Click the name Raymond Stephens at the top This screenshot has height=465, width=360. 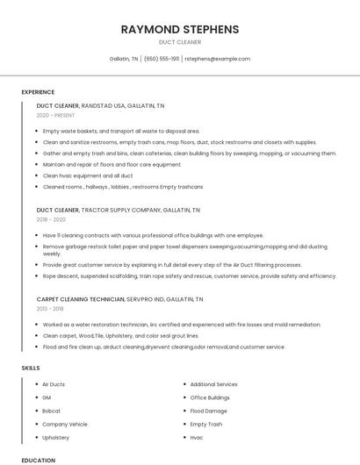click(180, 30)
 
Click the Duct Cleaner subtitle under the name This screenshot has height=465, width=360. click(180, 42)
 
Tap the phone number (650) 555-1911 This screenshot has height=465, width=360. click(162, 59)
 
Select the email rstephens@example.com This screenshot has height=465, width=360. click(217, 59)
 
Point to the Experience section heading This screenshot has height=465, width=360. click(38, 92)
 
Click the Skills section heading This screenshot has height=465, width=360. click(31, 368)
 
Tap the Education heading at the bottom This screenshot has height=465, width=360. click(38, 460)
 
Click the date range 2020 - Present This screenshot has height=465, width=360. click(55, 115)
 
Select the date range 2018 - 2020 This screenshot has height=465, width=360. click(51, 220)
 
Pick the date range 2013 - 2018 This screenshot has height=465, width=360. click(51, 309)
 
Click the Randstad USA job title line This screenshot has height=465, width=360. click(100, 105)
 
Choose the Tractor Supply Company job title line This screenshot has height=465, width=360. click(118, 211)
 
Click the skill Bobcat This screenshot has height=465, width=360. click(51, 411)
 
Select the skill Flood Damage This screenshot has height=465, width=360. click(208, 411)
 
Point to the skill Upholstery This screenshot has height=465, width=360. click(55, 437)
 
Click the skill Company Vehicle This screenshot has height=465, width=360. click(65, 424)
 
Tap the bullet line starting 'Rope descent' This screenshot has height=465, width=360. click(189, 275)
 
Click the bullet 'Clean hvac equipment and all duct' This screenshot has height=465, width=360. click(88, 175)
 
